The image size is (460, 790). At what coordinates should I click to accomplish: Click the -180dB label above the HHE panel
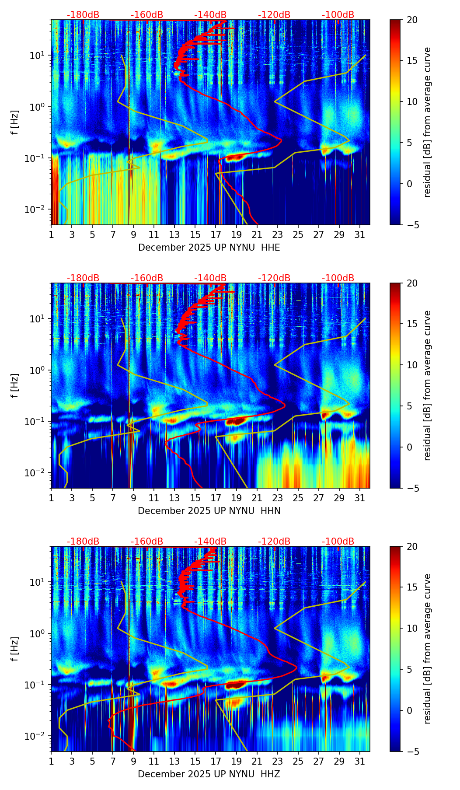pos(83,15)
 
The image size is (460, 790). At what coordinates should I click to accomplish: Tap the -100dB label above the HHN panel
pos(338,278)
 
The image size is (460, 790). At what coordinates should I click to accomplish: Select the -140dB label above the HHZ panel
pos(210,542)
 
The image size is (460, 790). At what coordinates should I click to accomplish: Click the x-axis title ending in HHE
pos(209,248)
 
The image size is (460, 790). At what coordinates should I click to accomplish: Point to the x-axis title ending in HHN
pos(209,511)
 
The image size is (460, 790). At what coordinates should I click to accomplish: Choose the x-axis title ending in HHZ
pos(209,774)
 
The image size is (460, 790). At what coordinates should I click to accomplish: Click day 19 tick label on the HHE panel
pos(236,234)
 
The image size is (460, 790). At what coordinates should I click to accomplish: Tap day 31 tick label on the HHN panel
pos(359,498)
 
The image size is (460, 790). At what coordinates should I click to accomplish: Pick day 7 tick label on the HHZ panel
pos(113,761)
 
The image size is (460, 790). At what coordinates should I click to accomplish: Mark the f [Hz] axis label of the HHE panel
pos(15,122)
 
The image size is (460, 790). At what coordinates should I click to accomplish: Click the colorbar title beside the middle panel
pos(427,385)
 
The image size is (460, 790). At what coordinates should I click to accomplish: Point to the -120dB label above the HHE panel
pos(274,15)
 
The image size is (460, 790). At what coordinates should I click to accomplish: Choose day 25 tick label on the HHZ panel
pos(298,761)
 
